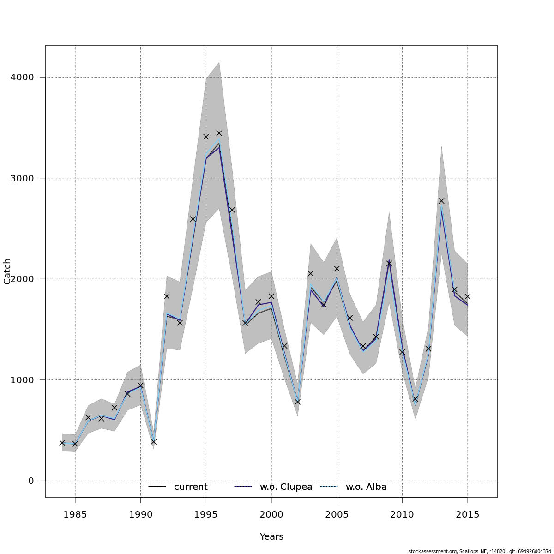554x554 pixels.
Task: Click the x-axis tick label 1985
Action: click(x=75, y=514)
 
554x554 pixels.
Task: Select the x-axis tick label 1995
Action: click(x=206, y=514)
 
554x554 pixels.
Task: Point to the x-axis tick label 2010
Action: click(x=402, y=514)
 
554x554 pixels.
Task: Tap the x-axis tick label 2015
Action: click(x=468, y=514)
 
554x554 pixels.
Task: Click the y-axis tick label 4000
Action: click(x=22, y=77)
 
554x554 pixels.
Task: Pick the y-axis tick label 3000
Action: click(x=22, y=178)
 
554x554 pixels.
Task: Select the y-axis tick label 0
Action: click(x=31, y=481)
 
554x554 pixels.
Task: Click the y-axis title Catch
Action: click(x=7, y=271)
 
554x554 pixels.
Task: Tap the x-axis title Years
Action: click(x=271, y=536)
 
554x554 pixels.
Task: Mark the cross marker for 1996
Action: click(x=219, y=133)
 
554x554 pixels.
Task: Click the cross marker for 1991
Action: click(x=154, y=441)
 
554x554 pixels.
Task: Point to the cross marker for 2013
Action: click(x=441, y=201)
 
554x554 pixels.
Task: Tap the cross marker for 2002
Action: click(x=297, y=402)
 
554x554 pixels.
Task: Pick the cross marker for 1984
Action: click(x=62, y=442)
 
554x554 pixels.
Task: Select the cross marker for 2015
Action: click(x=468, y=296)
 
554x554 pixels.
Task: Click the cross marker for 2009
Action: click(x=389, y=263)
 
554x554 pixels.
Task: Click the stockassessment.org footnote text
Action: click(x=480, y=551)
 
